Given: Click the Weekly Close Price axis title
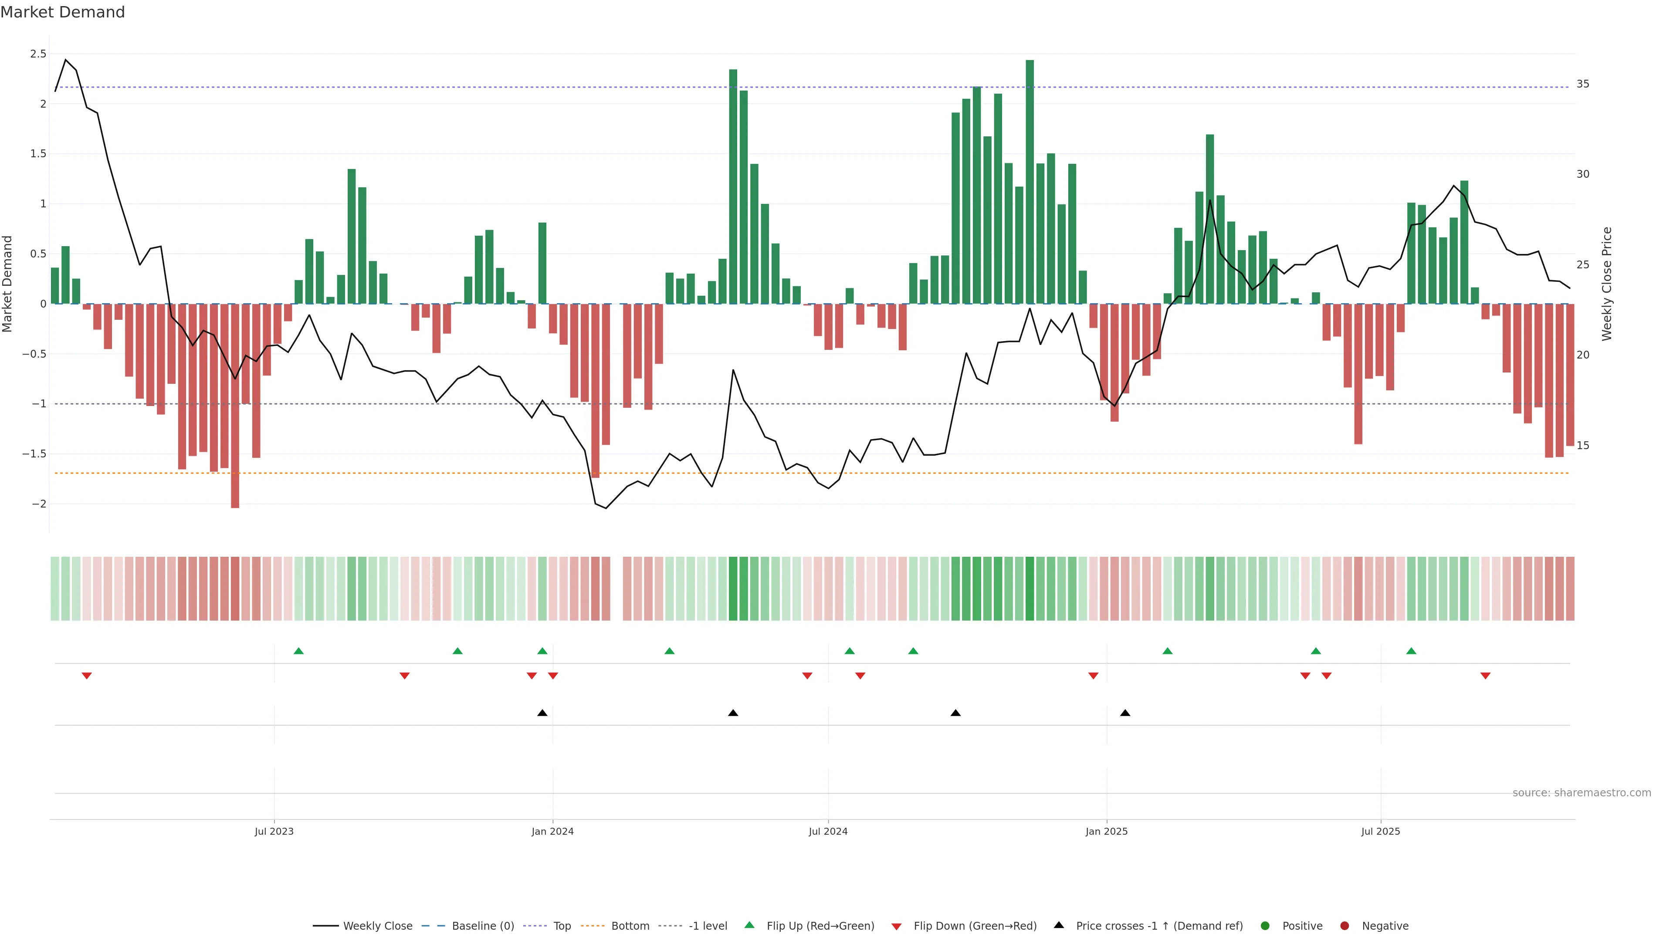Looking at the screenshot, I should click(x=1607, y=284).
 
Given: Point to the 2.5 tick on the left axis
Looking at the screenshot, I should click(x=38, y=54).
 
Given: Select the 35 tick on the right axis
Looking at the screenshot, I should click(x=1583, y=84).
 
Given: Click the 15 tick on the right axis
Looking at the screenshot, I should click(x=1583, y=446).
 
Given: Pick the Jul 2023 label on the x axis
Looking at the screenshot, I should click(x=274, y=831).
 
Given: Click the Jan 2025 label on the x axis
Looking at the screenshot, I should click(x=1107, y=831).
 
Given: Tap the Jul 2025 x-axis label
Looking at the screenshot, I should click(x=1381, y=831).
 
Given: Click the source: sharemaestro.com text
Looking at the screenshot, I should click(x=1582, y=793).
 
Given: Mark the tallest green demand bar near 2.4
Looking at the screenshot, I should click(x=1030, y=182).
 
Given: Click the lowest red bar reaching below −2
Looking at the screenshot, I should click(x=235, y=406).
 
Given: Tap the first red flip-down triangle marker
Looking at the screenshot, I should click(x=86, y=676).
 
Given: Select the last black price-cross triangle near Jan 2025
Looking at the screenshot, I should click(x=1125, y=713).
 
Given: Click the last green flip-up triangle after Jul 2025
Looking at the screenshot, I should click(x=1411, y=651).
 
